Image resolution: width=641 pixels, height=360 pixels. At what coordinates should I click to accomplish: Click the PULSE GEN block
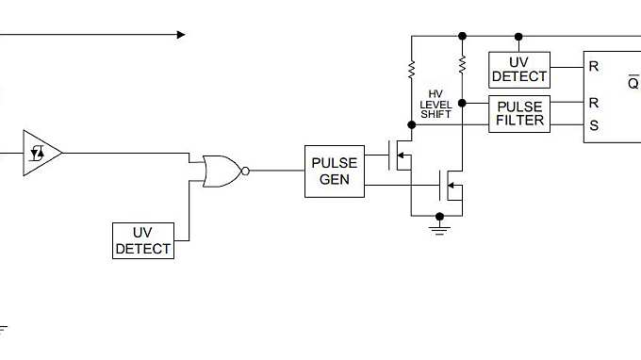pos(334,171)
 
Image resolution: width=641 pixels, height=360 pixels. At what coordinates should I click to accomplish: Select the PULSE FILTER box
pos(518,114)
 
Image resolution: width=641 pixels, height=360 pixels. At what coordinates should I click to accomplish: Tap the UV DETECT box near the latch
pos(518,68)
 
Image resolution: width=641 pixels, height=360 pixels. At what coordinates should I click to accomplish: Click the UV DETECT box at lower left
pos(142,240)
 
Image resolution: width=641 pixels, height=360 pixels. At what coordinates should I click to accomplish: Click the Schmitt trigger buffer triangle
pos(42,151)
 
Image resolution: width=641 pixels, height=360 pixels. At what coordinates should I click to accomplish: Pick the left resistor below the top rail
pos(412,69)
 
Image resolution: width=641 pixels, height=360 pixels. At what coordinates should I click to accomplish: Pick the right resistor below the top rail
pos(462,64)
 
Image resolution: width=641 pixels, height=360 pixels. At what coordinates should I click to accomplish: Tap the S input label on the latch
pos(594,125)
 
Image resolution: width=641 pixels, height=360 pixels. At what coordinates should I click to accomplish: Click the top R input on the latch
pos(594,68)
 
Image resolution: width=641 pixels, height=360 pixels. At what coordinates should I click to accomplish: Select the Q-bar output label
pos(633,83)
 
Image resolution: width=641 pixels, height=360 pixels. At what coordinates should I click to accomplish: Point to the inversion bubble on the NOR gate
pos(245,171)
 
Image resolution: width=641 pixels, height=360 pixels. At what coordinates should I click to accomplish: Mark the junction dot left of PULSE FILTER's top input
pos(462,102)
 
